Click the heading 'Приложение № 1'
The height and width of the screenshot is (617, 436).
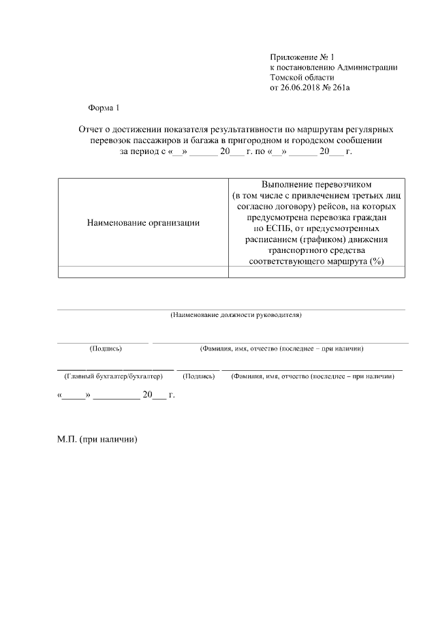click(x=303, y=57)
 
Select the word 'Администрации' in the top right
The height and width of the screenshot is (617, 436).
click(x=367, y=67)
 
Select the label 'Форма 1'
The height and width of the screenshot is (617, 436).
click(x=104, y=108)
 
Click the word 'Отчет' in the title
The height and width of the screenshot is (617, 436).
click(x=93, y=129)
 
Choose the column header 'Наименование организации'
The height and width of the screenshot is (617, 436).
click(x=143, y=222)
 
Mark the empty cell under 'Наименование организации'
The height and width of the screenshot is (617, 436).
click(x=143, y=272)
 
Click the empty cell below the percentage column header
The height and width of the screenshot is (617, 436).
click(x=316, y=272)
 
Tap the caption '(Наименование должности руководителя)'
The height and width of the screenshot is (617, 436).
click(x=235, y=315)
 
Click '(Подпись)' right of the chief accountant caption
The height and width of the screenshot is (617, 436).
click(x=200, y=376)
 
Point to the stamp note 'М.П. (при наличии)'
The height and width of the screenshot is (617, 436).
click(x=97, y=440)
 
